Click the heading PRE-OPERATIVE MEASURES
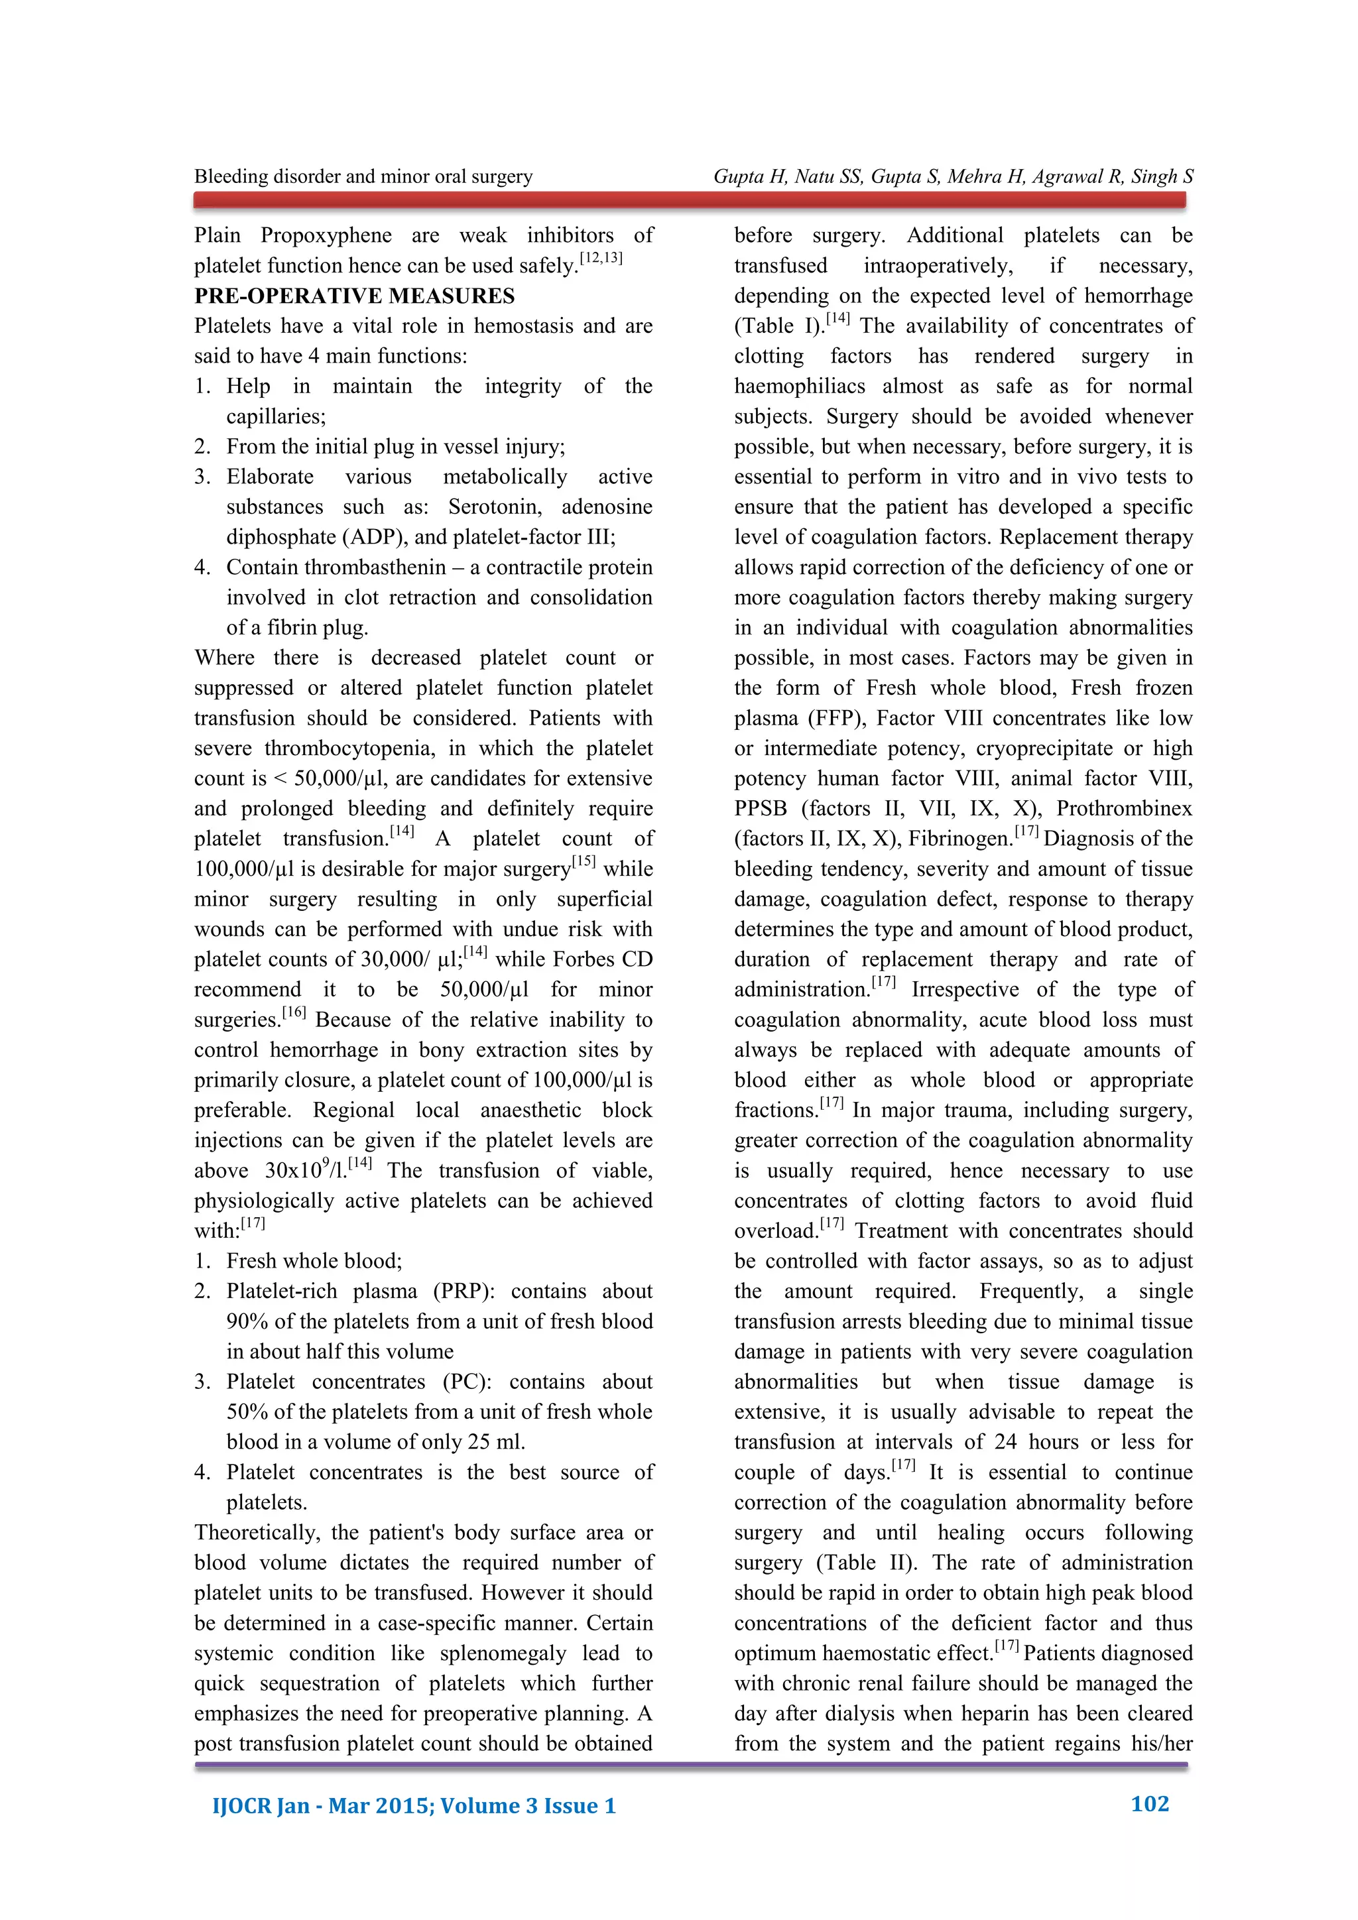pyautogui.click(x=355, y=296)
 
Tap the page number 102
pyautogui.click(x=1149, y=1804)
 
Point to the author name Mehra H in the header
pyautogui.click(x=986, y=176)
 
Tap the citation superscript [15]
pyautogui.click(x=584, y=861)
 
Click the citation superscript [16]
pyautogui.click(x=294, y=1012)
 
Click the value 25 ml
pyautogui.click(x=496, y=1442)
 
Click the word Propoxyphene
pyautogui.click(x=326, y=236)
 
